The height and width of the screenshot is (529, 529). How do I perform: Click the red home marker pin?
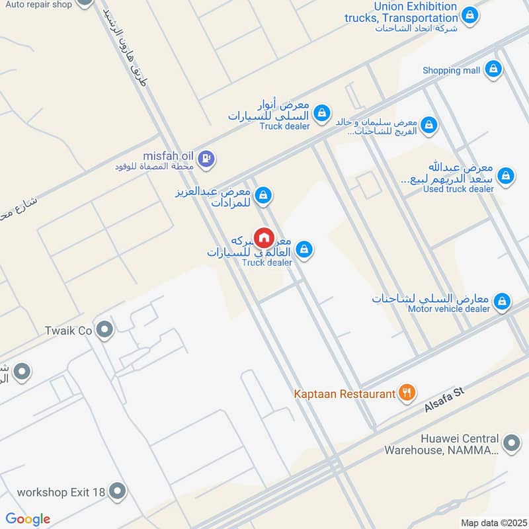coord(264,237)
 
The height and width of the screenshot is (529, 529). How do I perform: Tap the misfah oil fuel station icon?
coord(206,157)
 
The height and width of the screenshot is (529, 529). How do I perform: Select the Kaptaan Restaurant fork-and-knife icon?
coord(406,393)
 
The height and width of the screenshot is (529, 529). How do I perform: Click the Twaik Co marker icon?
coord(104,329)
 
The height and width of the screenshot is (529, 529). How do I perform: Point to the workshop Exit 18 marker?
coord(118,491)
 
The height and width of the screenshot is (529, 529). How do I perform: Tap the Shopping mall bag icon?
coord(493,69)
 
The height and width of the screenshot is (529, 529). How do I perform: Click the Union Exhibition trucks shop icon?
coord(469,15)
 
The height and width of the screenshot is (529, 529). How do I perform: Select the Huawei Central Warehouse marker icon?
coord(510,443)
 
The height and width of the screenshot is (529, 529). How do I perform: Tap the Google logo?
coord(28,518)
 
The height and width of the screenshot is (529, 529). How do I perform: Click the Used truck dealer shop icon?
coord(506,175)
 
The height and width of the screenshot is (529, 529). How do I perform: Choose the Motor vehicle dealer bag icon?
coord(502,302)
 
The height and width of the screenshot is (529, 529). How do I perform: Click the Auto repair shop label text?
coord(38,4)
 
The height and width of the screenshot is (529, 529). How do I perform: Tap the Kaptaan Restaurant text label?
coord(345,394)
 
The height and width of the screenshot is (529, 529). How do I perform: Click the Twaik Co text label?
coord(67,330)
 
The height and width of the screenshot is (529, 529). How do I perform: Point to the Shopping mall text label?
coord(452,70)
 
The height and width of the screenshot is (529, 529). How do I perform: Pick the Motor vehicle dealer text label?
coord(448,309)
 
